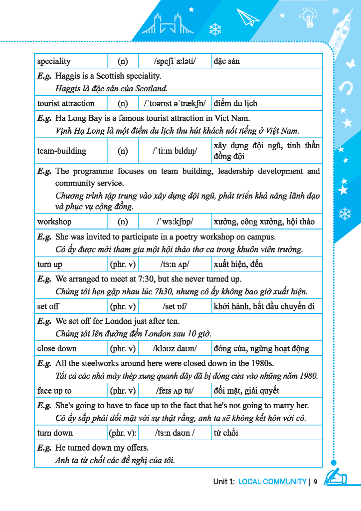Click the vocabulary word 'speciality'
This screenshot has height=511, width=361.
click(x=54, y=61)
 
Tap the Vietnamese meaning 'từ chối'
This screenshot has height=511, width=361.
click(x=226, y=433)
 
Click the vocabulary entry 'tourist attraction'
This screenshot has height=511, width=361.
click(x=66, y=103)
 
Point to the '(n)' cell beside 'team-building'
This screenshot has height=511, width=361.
click(x=123, y=151)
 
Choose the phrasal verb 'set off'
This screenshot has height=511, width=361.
click(x=48, y=306)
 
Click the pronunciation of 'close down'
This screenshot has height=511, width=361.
click(x=175, y=348)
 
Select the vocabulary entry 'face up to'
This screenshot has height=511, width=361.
click(x=54, y=391)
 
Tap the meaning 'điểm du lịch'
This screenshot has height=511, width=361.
click(x=235, y=103)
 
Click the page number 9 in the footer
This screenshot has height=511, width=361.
click(x=316, y=482)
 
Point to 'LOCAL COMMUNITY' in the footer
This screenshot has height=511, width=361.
click(x=272, y=482)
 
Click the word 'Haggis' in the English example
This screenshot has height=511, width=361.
click(x=67, y=76)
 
